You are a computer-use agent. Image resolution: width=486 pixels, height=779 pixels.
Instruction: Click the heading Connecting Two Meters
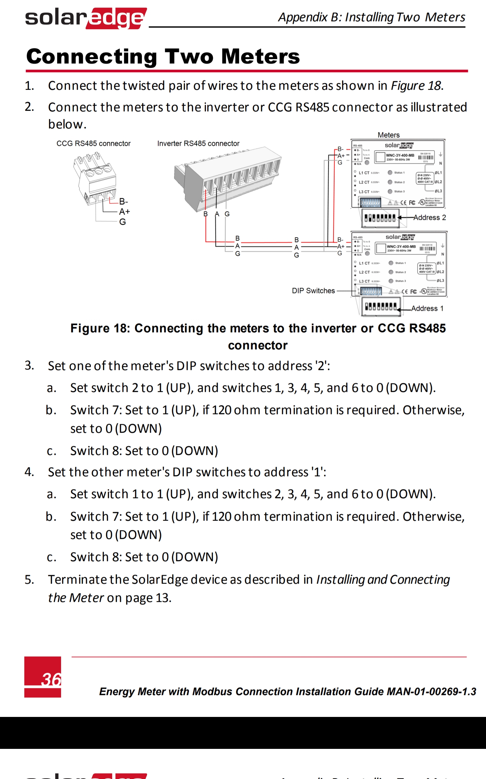163,57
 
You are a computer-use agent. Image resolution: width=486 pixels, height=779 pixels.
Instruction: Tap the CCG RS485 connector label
93,144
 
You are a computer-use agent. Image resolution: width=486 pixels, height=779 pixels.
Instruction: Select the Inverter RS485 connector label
198,144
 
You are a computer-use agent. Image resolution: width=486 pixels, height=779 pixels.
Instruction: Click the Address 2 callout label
430,218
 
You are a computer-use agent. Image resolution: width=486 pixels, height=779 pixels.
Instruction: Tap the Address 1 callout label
427,308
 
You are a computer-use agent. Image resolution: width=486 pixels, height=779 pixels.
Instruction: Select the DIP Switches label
313,291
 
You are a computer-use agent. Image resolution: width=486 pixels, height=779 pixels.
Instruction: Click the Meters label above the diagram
388,135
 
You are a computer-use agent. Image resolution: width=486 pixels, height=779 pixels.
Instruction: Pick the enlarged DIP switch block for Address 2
380,218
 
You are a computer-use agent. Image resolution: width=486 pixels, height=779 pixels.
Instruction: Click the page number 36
51,679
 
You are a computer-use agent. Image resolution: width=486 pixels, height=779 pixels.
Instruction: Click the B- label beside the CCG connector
123,201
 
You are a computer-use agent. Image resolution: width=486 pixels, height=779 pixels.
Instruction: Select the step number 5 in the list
29,580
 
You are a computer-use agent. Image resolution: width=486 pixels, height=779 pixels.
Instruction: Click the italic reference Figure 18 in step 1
416,86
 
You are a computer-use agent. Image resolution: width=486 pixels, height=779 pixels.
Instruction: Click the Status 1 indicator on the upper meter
390,173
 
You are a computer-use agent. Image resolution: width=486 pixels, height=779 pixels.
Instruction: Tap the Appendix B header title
371,17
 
